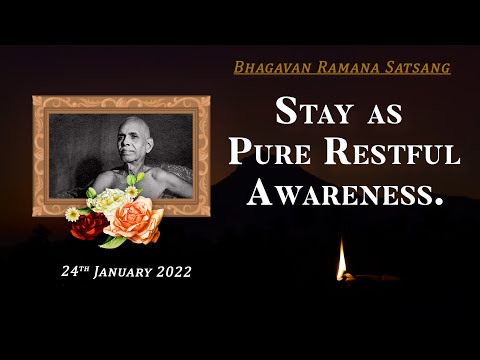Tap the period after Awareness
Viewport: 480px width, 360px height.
click(x=436, y=200)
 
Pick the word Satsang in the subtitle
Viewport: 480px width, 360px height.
click(x=416, y=69)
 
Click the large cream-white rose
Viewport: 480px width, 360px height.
click(x=106, y=201)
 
